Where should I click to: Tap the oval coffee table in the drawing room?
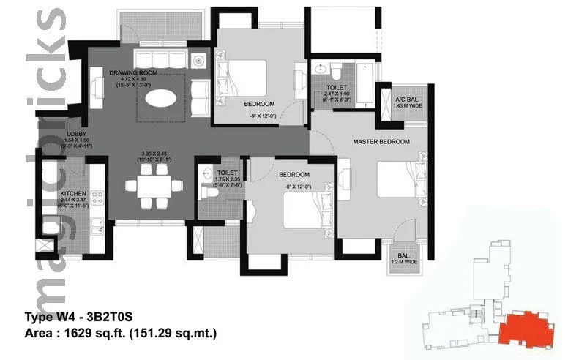pos(160,97)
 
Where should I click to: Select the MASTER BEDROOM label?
pos(381,141)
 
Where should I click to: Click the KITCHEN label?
pos(73,194)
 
